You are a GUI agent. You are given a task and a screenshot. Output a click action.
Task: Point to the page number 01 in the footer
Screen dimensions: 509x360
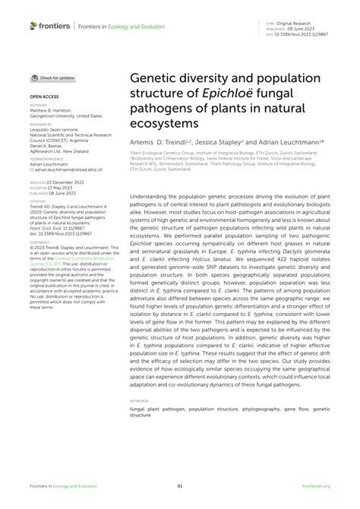[180, 487]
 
